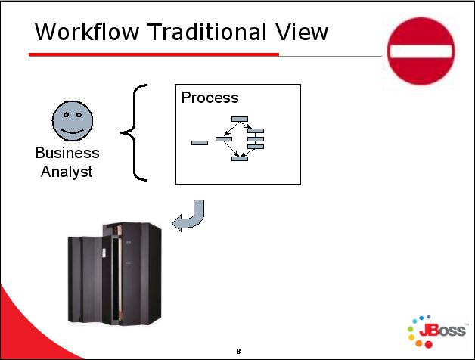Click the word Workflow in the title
(87, 32)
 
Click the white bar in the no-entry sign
(421, 51)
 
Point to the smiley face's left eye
(66, 114)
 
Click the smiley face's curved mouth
(73, 132)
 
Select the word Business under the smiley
(67, 153)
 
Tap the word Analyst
(67, 172)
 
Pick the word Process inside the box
(210, 98)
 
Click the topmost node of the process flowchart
(240, 119)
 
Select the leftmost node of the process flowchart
(200, 143)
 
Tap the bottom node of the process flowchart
(240, 159)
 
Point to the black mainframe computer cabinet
(115, 274)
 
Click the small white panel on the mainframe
(104, 253)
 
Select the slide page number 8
(238, 351)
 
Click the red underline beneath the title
(154, 54)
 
